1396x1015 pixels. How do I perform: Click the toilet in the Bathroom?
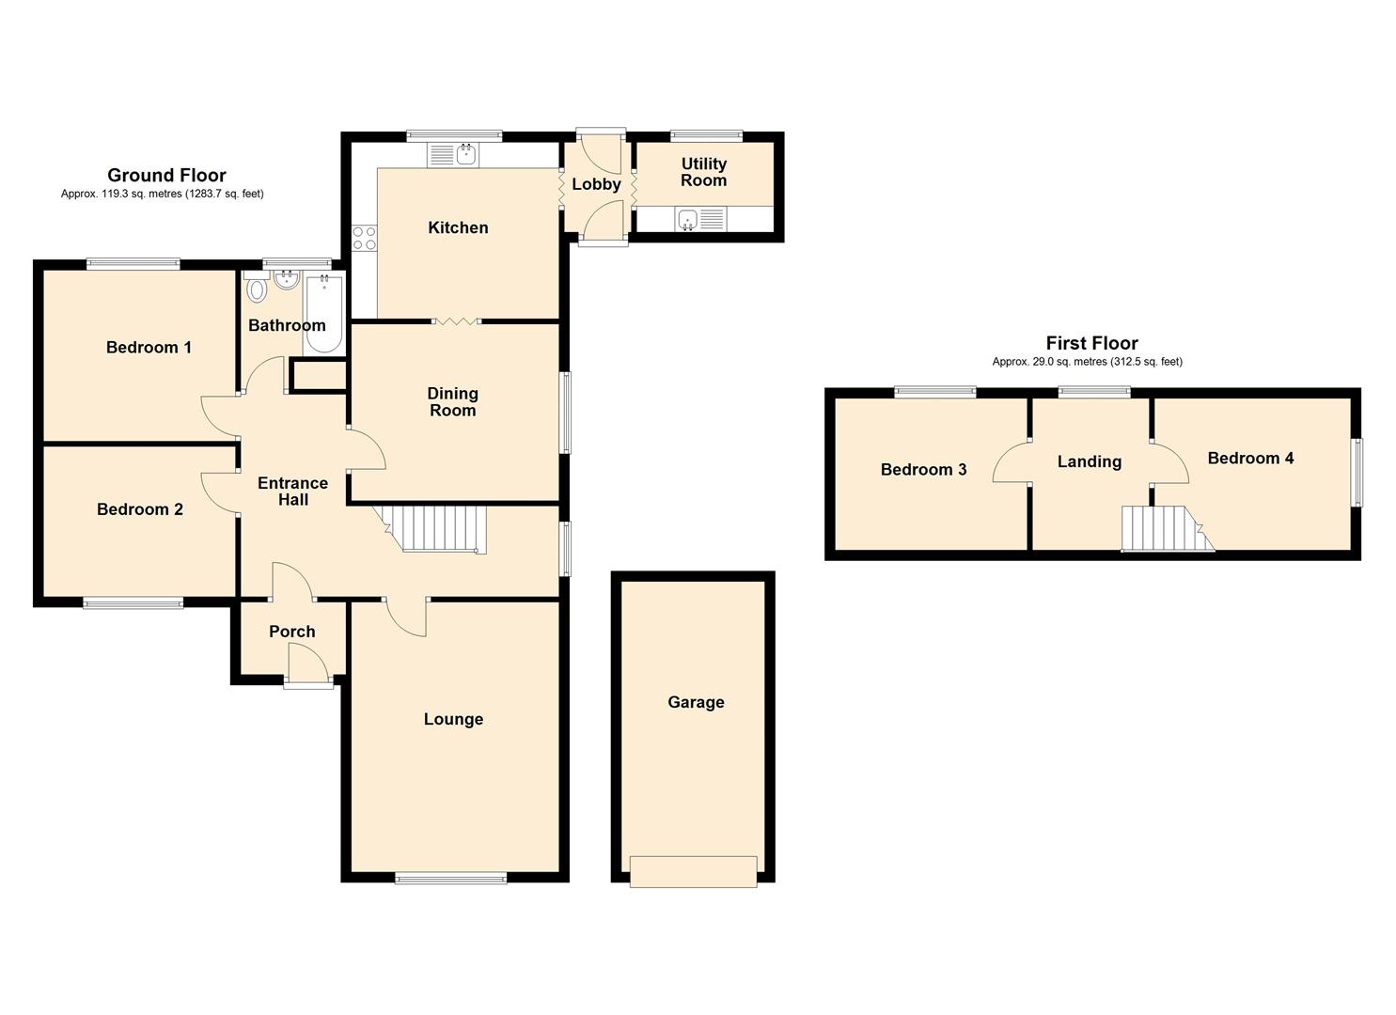(256, 287)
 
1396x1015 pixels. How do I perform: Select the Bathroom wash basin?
(287, 280)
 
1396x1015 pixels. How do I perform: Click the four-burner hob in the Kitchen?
(365, 238)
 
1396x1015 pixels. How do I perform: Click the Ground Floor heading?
(166, 175)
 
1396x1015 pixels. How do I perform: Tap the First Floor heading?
(1091, 343)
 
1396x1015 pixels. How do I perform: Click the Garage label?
(696, 702)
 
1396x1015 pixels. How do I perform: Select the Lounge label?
(453, 719)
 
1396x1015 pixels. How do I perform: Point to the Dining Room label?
(452, 402)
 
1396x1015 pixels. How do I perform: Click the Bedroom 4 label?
(1250, 458)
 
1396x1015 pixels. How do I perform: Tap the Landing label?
(1090, 461)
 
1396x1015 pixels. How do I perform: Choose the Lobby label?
(596, 184)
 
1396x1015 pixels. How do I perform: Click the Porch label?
(291, 632)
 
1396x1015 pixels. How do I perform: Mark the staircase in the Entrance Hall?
(436, 529)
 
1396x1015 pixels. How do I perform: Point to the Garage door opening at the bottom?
(694, 871)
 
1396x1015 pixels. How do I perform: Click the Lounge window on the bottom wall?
(450, 879)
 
